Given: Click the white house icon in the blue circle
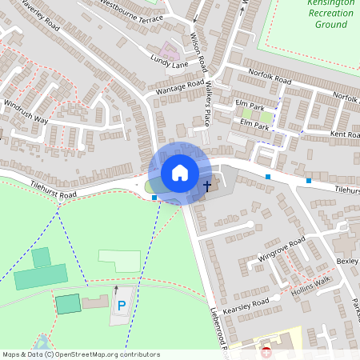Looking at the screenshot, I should [180, 173].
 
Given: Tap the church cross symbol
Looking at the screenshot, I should [207, 186].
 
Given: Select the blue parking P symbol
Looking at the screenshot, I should [122, 306].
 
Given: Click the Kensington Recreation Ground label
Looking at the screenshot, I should [330, 14].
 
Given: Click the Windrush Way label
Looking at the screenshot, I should [26, 112].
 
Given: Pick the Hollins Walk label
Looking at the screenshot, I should [310, 285].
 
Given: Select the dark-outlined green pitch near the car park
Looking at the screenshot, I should [68, 303].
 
